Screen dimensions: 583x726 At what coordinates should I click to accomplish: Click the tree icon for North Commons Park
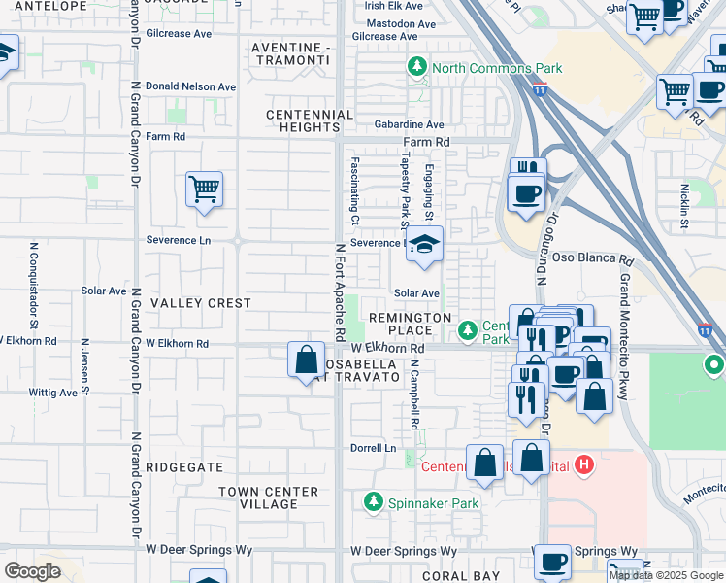click(417, 67)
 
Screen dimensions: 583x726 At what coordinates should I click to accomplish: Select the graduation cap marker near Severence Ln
click(424, 246)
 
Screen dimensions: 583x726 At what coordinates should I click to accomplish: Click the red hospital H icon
click(583, 465)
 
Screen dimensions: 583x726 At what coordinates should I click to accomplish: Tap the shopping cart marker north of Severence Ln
click(204, 189)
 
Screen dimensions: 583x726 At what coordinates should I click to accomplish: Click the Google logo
click(32, 571)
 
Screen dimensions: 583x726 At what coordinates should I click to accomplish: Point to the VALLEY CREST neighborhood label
click(201, 303)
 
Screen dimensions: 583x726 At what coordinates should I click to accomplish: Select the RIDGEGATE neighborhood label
click(184, 467)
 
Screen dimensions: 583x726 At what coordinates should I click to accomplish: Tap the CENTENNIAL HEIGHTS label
click(311, 121)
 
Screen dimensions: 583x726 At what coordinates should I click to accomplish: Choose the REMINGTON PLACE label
click(408, 324)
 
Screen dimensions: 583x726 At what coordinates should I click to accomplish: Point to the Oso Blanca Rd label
click(592, 261)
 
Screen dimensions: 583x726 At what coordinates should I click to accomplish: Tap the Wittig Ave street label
click(53, 393)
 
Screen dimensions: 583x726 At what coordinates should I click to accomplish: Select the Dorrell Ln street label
click(374, 448)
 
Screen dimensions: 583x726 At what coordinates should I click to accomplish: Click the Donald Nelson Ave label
click(191, 86)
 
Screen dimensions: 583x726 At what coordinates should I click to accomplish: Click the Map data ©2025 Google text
click(666, 575)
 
